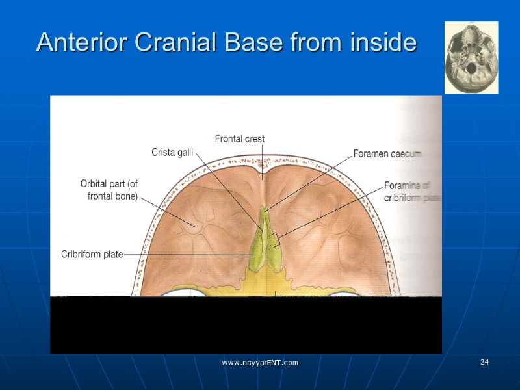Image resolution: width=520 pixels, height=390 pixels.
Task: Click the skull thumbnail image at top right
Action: tap(471, 57)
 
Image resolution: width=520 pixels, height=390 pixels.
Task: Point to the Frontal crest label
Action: tap(240, 138)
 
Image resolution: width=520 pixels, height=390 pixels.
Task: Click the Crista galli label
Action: tap(172, 152)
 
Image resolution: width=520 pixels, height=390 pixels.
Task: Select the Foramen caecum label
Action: tap(387, 154)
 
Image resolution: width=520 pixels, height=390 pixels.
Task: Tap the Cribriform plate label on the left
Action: tap(92, 254)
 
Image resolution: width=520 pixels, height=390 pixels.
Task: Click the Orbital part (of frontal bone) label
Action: tap(109, 190)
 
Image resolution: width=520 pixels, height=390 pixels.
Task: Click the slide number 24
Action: tap(484, 362)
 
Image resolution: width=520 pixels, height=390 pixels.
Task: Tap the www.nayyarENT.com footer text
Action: tap(260, 362)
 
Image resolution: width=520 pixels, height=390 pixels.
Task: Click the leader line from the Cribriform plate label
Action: tap(188, 254)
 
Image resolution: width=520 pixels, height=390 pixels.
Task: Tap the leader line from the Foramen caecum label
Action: tap(309, 182)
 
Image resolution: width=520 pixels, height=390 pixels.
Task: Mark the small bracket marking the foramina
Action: tap(276, 239)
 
